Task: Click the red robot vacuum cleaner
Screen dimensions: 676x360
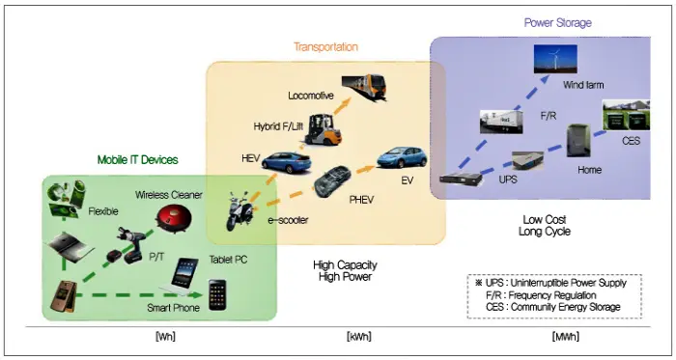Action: (173, 219)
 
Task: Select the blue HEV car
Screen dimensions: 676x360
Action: (286, 162)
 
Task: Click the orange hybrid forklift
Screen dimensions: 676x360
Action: (324, 129)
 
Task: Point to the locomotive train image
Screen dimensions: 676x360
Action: (363, 87)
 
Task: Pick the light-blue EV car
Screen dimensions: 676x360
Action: (402, 157)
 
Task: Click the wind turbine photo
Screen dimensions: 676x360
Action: (555, 59)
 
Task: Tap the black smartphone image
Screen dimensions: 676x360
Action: (217, 294)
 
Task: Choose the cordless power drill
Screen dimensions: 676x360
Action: (127, 245)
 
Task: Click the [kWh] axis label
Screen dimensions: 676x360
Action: (358, 336)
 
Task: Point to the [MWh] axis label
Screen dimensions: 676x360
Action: (565, 336)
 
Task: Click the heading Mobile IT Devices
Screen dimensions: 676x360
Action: (137, 160)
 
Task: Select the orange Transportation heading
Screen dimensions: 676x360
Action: (326, 46)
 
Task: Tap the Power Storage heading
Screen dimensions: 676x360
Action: (558, 23)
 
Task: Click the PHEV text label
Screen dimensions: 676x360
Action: (361, 200)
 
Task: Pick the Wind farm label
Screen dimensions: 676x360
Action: (583, 85)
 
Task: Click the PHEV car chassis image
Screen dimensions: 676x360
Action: (332, 180)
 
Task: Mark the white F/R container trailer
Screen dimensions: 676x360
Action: (501, 122)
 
